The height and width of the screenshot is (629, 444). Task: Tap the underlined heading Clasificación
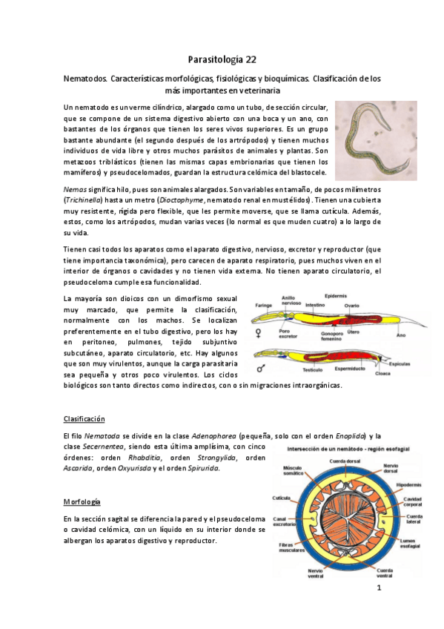(x=85, y=419)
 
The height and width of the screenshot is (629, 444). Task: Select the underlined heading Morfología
(x=82, y=502)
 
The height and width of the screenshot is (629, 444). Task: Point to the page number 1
(x=379, y=590)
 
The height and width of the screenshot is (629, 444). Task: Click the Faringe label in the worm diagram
(x=264, y=305)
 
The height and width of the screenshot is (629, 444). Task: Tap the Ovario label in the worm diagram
(x=351, y=304)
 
